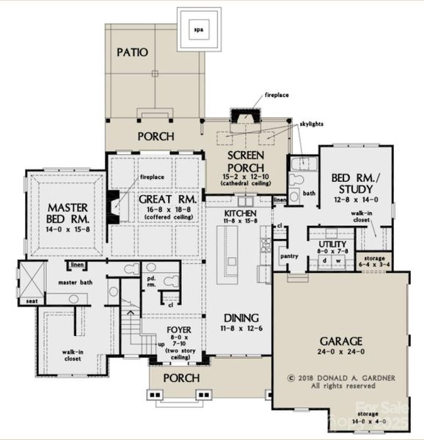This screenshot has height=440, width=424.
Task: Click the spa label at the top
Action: [198, 30]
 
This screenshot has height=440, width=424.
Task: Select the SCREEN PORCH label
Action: [245, 161]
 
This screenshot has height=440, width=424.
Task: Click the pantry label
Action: [289, 257]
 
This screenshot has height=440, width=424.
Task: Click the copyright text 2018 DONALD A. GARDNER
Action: [342, 378]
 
